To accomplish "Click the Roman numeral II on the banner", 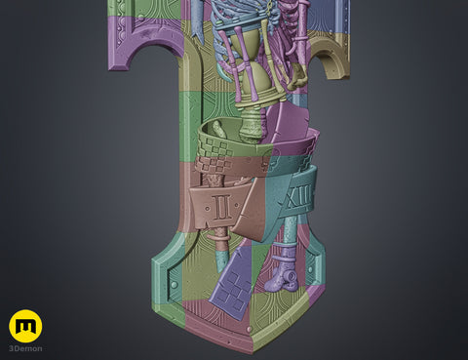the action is coord(223,207).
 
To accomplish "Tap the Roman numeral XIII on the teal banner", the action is coord(298,197).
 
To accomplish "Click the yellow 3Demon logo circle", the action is coord(25,326).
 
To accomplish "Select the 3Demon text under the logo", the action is coord(25,348).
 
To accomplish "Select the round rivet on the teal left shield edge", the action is coord(175,285).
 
